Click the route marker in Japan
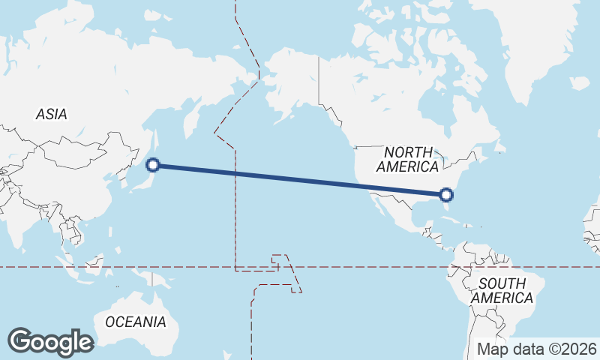(x=152, y=164)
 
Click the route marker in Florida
(x=446, y=195)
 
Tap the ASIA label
(x=51, y=115)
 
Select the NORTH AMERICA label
(x=407, y=159)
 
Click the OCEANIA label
(x=135, y=322)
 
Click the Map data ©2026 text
(x=536, y=349)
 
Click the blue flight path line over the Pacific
(x=300, y=180)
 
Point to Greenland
(x=540, y=45)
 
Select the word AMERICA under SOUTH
(x=502, y=298)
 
